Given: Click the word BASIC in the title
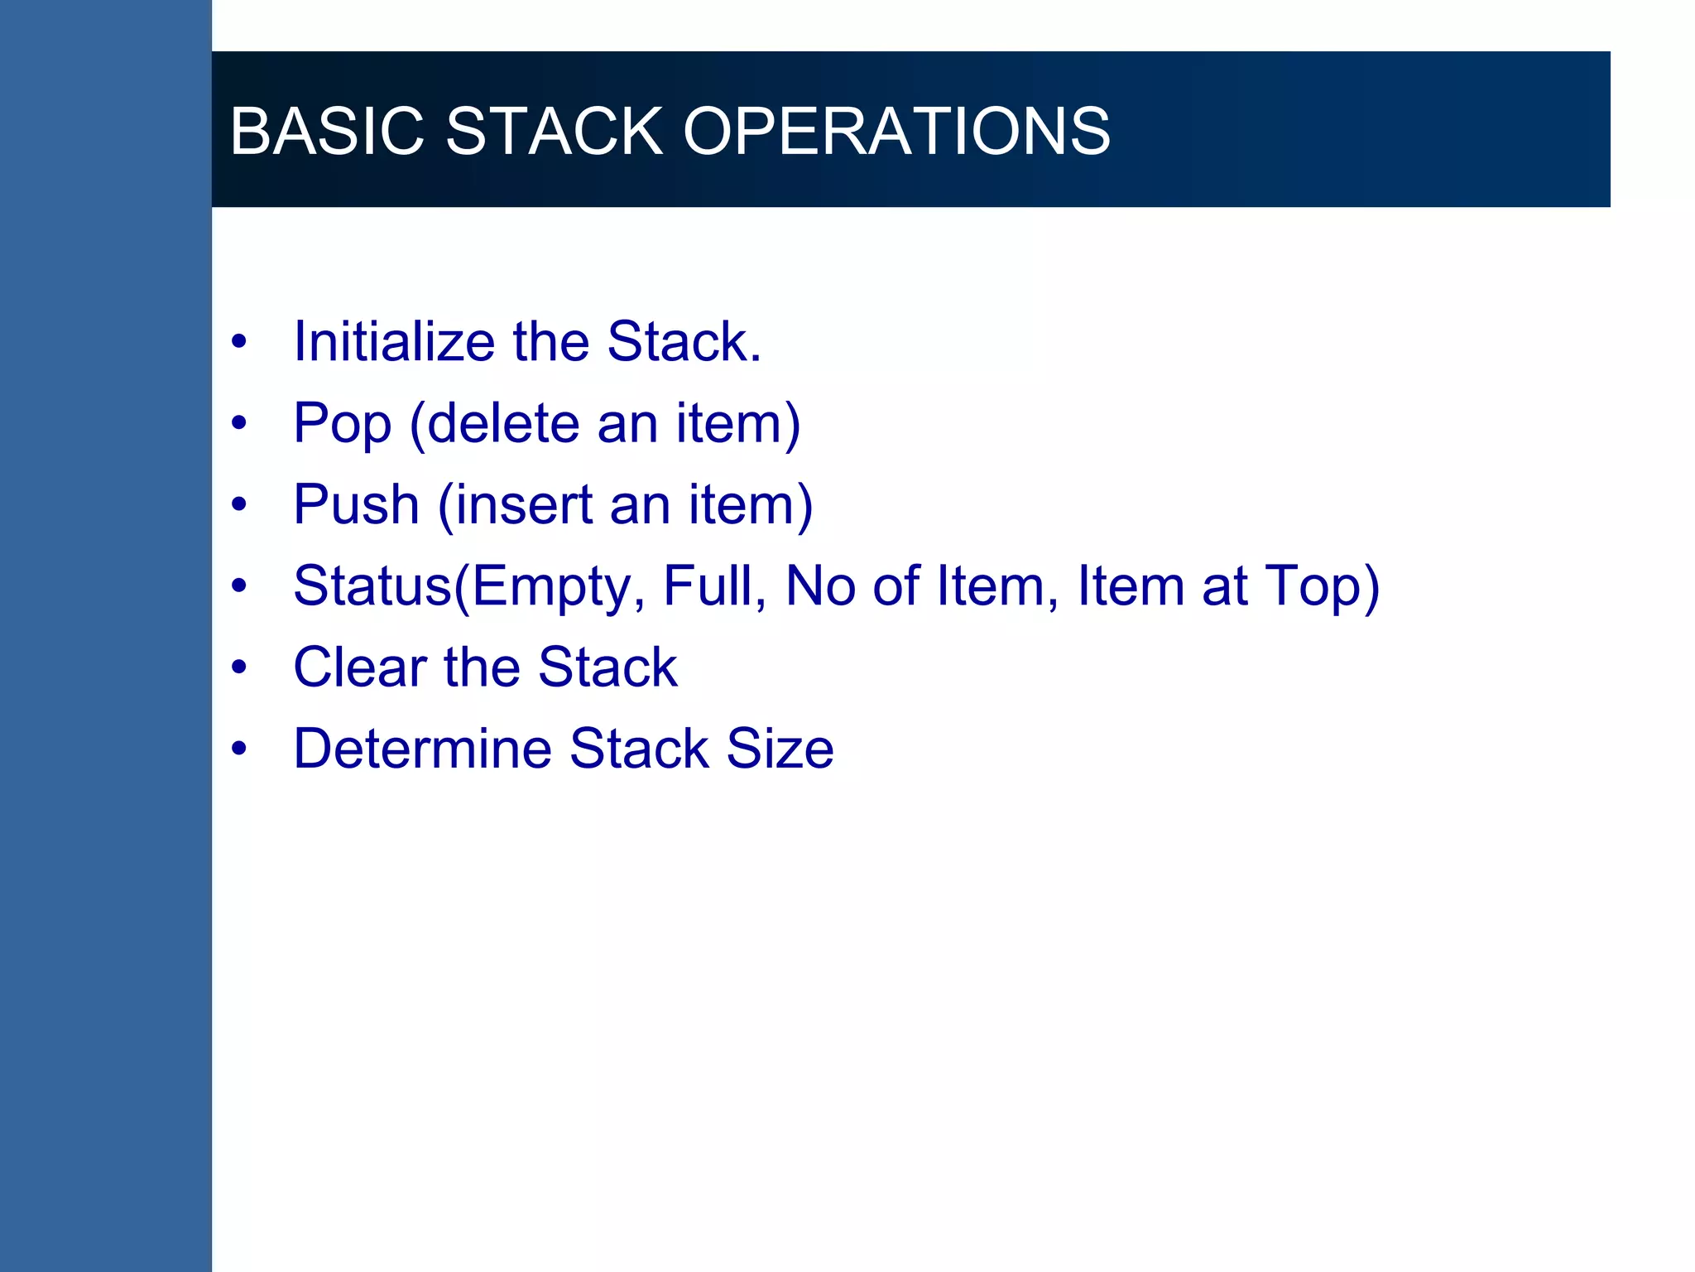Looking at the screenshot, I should click(326, 131).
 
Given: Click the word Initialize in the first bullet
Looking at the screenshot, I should click(394, 341).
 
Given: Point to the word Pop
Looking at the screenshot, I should click(342, 424).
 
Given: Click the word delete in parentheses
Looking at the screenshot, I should click(503, 423).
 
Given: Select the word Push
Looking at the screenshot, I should click(356, 504).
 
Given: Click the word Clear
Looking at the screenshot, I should click(360, 667).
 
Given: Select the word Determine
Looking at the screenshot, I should click(422, 749).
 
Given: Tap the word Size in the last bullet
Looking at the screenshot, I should click(780, 749).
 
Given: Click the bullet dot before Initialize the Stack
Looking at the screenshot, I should click(239, 341).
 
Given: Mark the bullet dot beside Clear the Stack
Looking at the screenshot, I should click(239, 667).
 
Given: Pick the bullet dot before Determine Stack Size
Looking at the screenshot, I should click(239, 749).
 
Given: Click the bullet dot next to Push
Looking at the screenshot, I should click(239, 504).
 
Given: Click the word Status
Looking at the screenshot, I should click(372, 585).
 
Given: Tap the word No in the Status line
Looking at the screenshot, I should click(820, 585).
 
